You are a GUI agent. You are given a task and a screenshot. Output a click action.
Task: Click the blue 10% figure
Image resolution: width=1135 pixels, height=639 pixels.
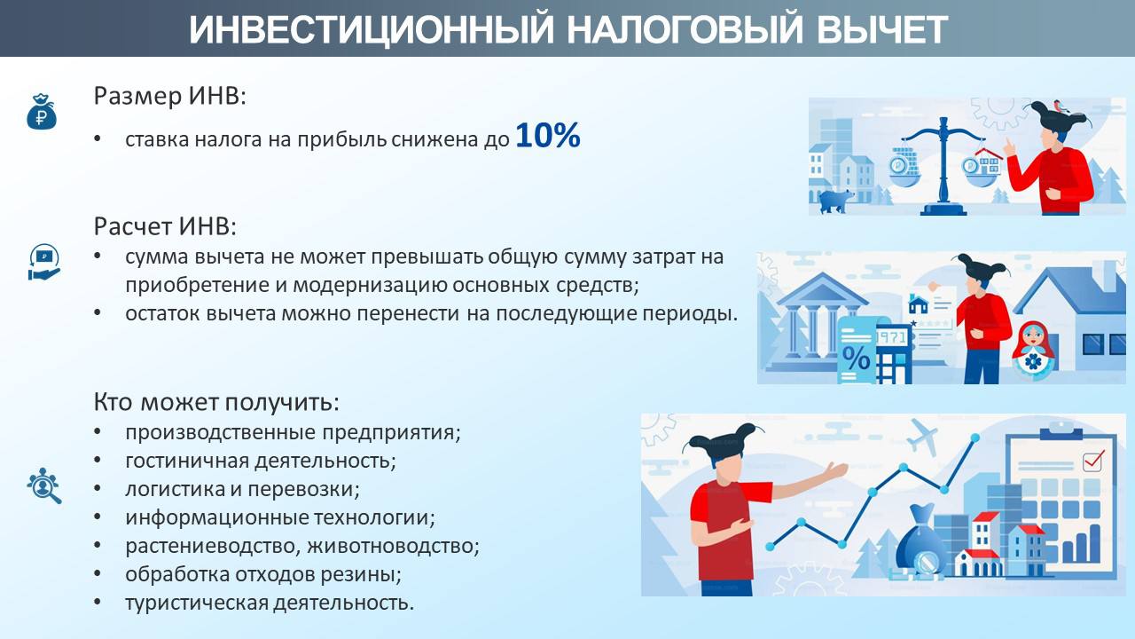(x=548, y=136)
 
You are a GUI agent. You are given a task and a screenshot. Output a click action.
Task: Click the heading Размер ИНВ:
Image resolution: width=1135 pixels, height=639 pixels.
(x=169, y=96)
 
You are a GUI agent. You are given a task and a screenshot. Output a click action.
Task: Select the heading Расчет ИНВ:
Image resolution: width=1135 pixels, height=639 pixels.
(x=165, y=226)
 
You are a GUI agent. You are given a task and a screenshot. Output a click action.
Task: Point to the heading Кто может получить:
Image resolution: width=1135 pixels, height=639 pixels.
(x=216, y=402)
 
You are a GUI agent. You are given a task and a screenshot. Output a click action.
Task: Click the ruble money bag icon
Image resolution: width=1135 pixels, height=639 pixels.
(x=42, y=112)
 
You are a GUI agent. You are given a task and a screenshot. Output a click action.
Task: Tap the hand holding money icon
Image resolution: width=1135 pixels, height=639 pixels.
(x=44, y=262)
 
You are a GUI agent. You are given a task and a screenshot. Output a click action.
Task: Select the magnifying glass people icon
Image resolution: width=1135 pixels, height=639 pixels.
(x=44, y=485)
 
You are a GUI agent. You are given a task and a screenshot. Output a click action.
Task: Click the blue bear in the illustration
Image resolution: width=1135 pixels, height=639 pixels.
(x=836, y=201)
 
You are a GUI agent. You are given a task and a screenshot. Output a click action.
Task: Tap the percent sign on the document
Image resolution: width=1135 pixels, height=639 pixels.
(x=856, y=359)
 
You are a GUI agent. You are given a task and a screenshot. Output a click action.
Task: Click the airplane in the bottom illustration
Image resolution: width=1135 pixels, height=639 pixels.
(x=921, y=436)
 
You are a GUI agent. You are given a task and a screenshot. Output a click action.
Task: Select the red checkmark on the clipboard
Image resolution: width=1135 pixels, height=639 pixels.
(x=1093, y=460)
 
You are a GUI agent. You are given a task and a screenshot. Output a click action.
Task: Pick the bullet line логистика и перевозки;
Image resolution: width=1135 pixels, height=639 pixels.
(x=242, y=489)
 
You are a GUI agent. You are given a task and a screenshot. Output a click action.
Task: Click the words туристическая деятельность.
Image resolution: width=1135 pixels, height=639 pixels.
(x=270, y=603)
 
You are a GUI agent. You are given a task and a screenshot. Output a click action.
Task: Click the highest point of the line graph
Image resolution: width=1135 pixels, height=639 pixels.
(x=975, y=438)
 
